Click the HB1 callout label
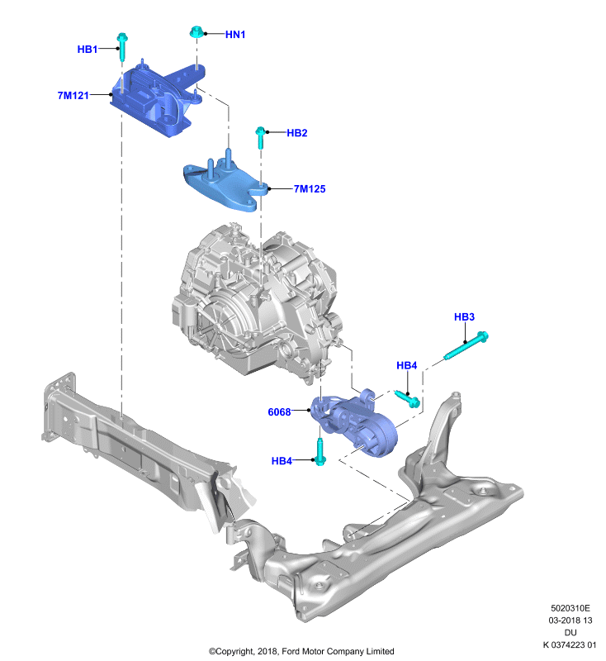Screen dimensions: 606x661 tap(88, 50)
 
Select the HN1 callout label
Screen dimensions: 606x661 tap(235, 35)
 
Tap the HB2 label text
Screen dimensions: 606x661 tap(297, 133)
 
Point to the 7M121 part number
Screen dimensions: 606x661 tap(73, 96)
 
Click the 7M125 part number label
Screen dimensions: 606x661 tap(310, 189)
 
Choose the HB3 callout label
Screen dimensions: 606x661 tap(464, 316)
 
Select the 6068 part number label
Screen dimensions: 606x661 tap(279, 411)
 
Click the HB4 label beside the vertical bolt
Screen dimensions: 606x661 tap(282, 461)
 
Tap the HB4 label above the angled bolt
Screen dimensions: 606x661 tap(407, 365)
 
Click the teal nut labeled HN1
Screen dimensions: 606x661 tap(196, 32)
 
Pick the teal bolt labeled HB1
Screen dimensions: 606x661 tap(122, 46)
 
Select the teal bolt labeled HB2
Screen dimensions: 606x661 tap(260, 137)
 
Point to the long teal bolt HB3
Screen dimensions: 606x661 tap(466, 345)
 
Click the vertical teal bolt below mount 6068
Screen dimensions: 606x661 tap(320, 451)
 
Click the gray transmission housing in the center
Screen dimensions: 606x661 tap(256, 302)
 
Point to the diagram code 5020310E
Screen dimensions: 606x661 tap(570, 608)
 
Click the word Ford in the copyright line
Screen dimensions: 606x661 tap(291, 651)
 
